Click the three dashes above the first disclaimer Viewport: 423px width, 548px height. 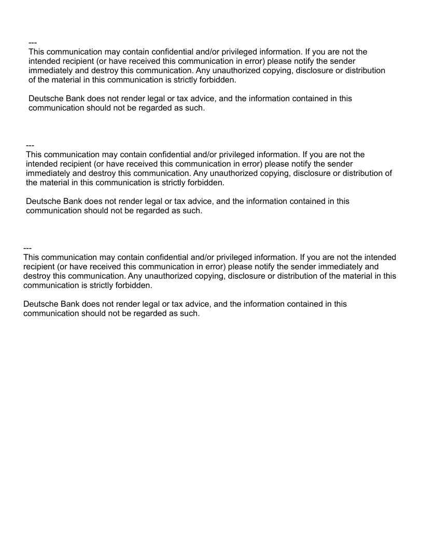[33, 43]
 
